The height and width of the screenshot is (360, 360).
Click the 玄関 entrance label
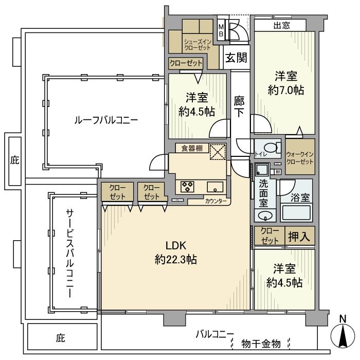click(235, 57)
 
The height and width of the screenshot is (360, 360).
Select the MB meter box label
click(221, 31)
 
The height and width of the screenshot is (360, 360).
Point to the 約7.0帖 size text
click(285, 90)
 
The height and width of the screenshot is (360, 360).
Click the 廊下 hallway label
click(239, 106)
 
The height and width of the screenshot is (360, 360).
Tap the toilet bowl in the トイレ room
click(275, 148)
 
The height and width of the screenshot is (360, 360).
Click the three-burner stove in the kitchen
click(186, 186)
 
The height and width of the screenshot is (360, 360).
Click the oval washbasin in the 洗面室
click(264, 215)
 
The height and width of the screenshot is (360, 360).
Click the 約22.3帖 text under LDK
click(176, 260)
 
